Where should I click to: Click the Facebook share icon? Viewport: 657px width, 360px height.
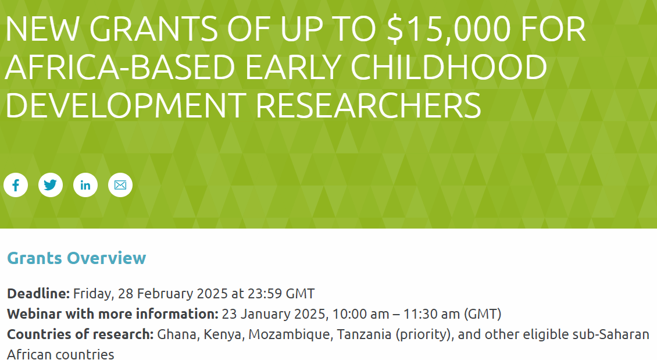point(16,185)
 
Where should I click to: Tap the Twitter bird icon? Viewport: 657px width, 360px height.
point(51,185)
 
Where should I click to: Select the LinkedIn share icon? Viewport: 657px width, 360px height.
point(85,185)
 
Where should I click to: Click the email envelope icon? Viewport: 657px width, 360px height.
point(120,185)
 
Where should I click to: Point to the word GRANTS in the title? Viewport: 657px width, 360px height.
point(153,29)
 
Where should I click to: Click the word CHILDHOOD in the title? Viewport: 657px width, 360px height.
point(449,67)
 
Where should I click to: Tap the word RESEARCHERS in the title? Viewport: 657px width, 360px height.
point(368,105)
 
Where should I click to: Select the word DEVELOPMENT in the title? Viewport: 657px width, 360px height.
point(126,105)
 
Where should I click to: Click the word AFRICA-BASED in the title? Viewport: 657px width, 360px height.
point(120,67)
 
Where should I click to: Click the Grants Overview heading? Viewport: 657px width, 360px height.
point(77,258)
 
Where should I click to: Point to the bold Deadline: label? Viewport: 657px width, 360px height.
point(38,293)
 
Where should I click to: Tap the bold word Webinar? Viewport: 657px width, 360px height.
point(34,314)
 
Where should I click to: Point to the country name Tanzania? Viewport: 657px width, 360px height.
point(364,334)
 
